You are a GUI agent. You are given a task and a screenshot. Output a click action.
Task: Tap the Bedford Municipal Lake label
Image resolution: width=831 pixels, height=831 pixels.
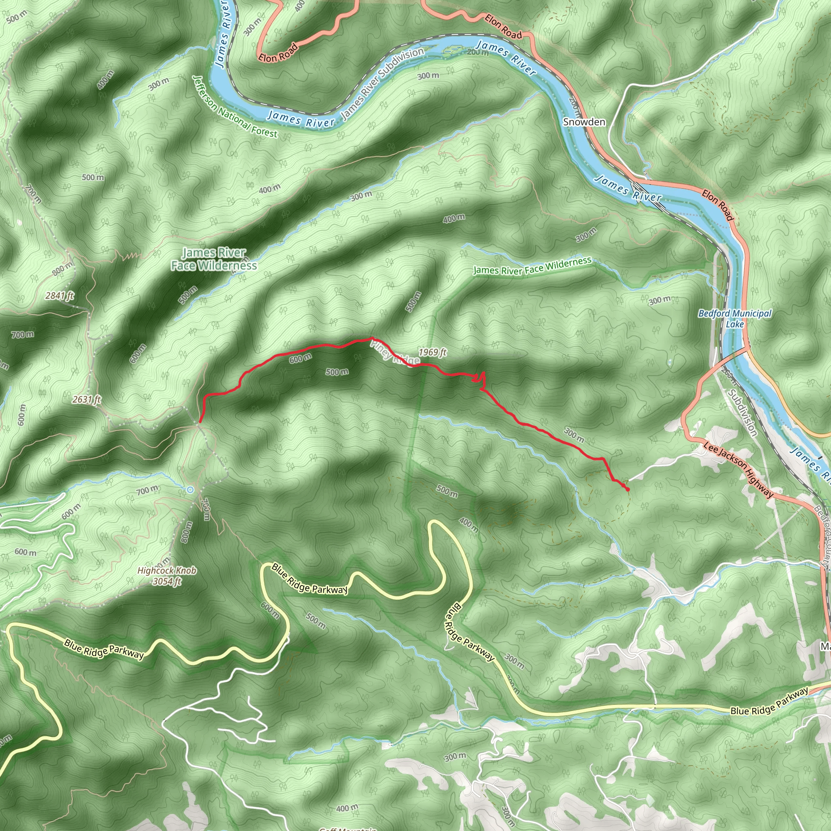[x=735, y=318]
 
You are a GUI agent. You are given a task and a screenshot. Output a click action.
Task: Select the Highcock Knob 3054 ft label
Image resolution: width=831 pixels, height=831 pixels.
[x=167, y=576]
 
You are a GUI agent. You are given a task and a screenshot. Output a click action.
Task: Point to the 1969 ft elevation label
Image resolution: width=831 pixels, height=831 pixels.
[x=433, y=352]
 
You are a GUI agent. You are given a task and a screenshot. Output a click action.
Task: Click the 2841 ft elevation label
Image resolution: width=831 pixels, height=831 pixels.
[x=60, y=295]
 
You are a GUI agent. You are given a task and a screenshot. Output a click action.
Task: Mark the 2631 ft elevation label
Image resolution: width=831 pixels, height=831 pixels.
[x=86, y=399]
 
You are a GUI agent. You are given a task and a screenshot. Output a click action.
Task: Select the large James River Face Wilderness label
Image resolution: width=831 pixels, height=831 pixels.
[x=214, y=259]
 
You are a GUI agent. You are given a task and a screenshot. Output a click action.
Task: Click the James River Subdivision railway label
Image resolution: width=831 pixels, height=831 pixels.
[x=382, y=84]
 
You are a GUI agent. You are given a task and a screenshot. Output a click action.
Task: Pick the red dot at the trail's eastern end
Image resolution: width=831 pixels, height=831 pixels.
[x=628, y=489]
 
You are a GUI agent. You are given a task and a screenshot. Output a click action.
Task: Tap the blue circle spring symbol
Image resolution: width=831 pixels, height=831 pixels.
[x=190, y=489]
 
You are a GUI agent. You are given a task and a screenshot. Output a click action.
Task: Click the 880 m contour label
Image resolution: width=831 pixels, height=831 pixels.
[x=63, y=268]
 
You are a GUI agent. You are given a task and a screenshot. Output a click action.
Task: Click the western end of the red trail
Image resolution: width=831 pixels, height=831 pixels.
[x=200, y=422]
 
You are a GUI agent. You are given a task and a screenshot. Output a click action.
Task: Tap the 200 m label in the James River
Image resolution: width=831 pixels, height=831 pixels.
[x=478, y=52]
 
